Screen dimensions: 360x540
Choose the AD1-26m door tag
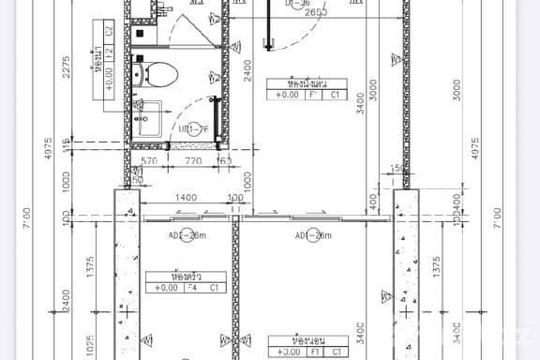point(312,235)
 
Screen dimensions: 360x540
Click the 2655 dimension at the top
point(315,12)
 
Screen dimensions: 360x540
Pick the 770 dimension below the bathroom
point(193,161)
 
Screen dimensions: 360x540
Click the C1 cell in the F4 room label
point(215,288)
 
